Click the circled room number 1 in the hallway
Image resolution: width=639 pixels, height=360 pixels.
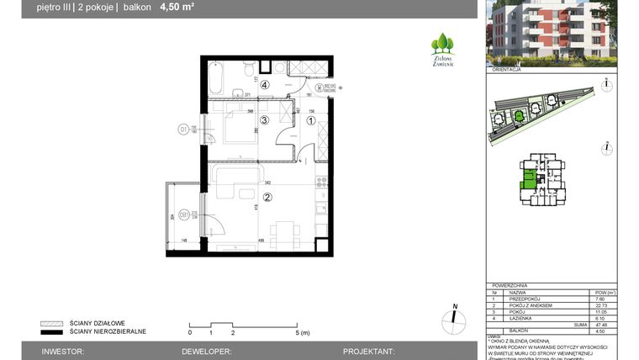point(310,121)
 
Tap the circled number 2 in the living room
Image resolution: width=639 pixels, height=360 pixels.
point(267,199)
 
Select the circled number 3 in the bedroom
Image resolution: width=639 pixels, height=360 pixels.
point(263,121)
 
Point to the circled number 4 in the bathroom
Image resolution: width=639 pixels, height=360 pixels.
point(264,85)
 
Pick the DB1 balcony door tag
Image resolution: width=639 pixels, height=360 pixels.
point(182,215)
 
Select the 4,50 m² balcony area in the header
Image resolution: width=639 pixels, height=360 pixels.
point(177,8)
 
